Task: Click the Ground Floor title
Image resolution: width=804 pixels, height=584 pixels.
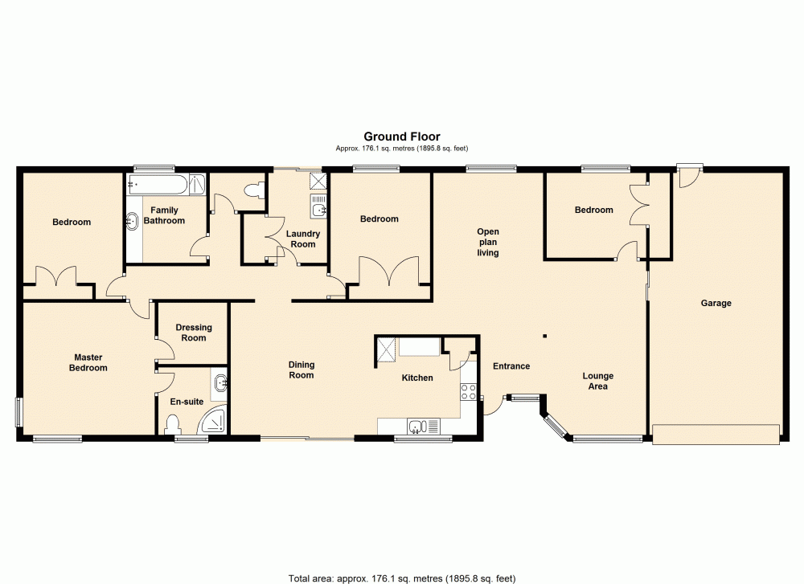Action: (402, 137)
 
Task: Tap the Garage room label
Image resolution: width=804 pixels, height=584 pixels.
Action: (716, 303)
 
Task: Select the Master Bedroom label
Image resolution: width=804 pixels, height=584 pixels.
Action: (88, 362)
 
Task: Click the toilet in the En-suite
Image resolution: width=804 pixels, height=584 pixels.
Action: (170, 423)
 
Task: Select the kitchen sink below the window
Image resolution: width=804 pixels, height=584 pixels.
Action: (417, 426)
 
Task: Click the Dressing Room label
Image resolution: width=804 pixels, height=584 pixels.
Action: (194, 333)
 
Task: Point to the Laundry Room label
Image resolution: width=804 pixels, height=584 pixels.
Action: (303, 239)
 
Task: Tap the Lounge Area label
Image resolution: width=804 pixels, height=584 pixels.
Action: (597, 381)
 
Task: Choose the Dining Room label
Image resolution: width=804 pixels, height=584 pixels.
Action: (301, 370)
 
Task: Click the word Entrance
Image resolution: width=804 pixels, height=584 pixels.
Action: (511, 366)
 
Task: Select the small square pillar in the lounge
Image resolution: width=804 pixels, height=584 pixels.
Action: (544, 336)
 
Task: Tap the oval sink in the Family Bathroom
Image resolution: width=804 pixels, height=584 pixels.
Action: (131, 220)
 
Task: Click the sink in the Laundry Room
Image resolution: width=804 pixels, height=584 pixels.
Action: (320, 210)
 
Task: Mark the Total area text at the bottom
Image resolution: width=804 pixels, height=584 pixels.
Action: (401, 577)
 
